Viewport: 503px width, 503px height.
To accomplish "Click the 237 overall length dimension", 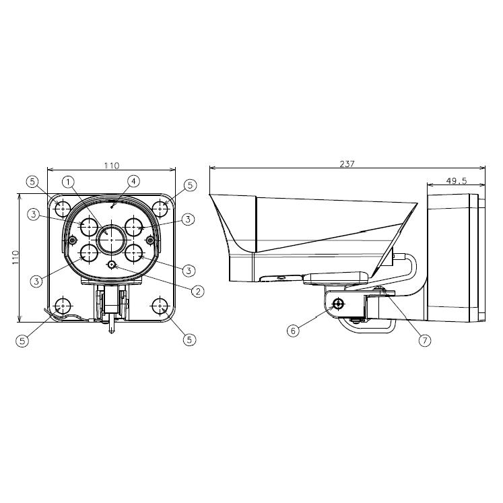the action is (347, 164).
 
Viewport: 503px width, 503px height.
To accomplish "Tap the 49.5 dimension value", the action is (456, 181).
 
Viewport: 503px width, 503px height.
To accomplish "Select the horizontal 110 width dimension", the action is (112, 166).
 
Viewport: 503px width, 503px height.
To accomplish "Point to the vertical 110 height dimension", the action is (15, 257).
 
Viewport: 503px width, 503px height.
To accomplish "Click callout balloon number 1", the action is (68, 182).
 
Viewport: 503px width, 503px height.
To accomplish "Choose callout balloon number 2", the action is (197, 291).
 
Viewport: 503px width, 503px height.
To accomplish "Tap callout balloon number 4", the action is (133, 181).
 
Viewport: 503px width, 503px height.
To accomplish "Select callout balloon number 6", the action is (293, 331).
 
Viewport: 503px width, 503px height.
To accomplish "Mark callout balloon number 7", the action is (425, 340).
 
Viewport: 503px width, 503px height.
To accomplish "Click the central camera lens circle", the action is (111, 240).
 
